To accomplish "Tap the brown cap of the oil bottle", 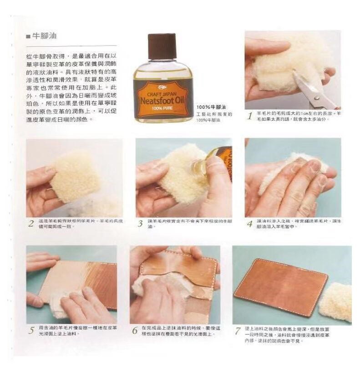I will (x=162, y=46).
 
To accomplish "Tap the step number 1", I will (x=249, y=116).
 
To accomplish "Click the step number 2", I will (x=31, y=224).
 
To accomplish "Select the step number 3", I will (x=140, y=224).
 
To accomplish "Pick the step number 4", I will (x=249, y=224).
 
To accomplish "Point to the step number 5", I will (x=31, y=330).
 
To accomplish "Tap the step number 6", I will (x=135, y=330).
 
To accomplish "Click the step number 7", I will (x=238, y=330).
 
